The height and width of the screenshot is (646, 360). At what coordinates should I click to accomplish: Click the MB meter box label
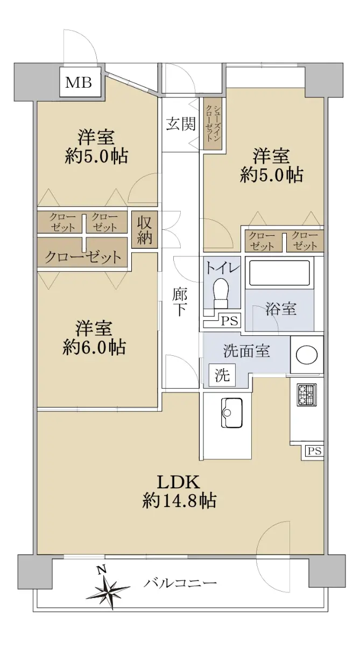tap(79, 82)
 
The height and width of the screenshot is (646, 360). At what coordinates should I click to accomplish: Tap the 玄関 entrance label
tap(181, 124)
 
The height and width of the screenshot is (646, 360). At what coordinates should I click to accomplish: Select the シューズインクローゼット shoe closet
tap(213, 124)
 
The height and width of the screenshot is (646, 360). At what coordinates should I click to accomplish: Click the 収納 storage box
tap(145, 230)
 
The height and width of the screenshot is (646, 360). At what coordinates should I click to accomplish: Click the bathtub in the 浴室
tap(280, 273)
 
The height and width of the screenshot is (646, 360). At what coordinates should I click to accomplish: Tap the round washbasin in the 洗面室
tap(307, 354)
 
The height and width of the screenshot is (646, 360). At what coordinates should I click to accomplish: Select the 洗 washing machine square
tap(222, 375)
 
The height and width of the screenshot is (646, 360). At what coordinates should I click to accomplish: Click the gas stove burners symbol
tap(307, 395)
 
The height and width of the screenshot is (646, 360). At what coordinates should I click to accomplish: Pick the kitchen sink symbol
tap(232, 413)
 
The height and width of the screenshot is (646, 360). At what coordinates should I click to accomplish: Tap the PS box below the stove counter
tap(314, 451)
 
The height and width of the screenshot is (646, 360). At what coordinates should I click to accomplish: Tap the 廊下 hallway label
tap(180, 302)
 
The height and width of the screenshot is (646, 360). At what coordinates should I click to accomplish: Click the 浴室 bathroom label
tap(281, 308)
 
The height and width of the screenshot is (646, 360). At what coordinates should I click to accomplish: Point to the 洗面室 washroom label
tap(246, 350)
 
